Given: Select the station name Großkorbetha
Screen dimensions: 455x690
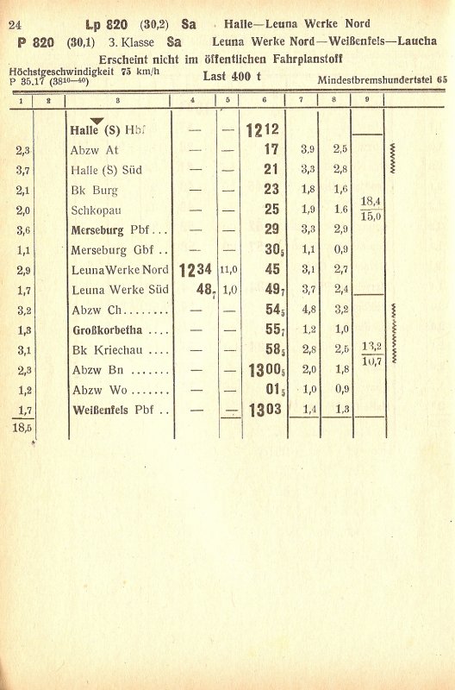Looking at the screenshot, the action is point(110,330).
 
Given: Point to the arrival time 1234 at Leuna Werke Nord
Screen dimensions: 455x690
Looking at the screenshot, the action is point(195,271).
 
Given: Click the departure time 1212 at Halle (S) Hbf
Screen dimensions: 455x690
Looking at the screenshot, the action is point(262,130).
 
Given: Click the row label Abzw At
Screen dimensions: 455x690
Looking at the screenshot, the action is point(96,149).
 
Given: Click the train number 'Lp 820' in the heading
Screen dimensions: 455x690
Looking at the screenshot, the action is point(105,24).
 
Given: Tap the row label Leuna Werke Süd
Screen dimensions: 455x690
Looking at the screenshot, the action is point(120,290).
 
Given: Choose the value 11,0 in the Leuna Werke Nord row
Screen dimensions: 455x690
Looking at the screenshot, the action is point(227,270).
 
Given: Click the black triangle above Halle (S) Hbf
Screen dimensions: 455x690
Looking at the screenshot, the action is point(97,121).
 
